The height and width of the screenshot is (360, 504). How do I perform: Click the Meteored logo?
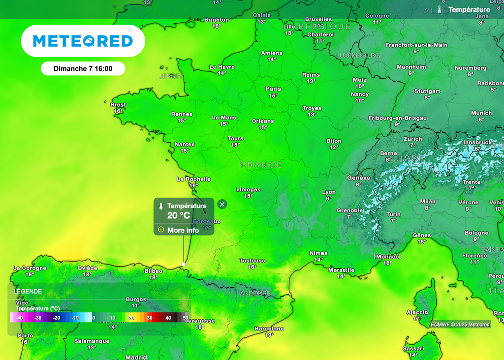[x=83, y=41]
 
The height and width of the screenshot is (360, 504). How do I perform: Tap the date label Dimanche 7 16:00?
[x=83, y=69]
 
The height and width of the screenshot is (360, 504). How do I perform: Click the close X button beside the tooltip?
[x=222, y=204]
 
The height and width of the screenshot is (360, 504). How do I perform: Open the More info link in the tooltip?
[x=183, y=230]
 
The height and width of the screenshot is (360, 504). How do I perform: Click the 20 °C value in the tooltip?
[x=178, y=215]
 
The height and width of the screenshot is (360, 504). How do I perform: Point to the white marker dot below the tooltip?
[x=183, y=264]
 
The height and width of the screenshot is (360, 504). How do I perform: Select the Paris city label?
[x=273, y=89]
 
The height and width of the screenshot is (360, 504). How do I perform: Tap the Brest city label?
[x=118, y=105]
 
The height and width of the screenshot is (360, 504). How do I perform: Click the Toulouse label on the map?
[x=252, y=261]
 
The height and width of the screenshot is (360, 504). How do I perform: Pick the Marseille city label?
[x=341, y=270]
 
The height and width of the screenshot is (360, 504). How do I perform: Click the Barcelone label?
[x=269, y=329]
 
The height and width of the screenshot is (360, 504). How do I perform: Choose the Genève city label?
[x=358, y=178]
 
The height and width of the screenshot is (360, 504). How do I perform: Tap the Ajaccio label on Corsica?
[x=417, y=312]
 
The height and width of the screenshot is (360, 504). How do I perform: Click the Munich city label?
[x=481, y=113]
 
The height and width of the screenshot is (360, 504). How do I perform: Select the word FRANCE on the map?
[x=261, y=165]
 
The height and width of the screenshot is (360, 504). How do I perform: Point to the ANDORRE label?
[x=255, y=294]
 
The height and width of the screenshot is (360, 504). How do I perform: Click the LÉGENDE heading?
[x=28, y=291]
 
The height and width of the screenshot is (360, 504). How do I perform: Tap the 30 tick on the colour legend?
[x=150, y=318]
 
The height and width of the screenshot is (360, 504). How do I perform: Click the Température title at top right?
[x=469, y=9]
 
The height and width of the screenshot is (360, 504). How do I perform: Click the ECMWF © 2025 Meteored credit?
[x=460, y=325]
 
